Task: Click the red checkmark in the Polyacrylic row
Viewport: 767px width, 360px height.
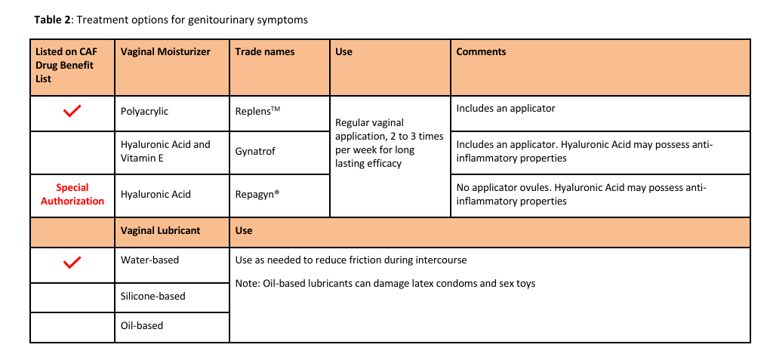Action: point(72,112)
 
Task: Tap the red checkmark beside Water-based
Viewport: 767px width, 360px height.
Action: point(72,263)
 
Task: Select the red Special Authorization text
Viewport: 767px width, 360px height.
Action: point(72,194)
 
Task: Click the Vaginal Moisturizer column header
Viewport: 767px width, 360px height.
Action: point(165,52)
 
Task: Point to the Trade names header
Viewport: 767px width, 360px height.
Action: point(265,52)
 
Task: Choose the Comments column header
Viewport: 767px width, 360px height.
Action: point(481,52)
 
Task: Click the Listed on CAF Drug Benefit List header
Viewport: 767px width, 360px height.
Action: point(66,65)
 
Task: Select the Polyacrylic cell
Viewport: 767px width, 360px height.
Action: point(145,111)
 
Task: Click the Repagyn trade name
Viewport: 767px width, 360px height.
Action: point(257,194)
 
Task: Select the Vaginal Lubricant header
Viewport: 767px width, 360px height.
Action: point(161,230)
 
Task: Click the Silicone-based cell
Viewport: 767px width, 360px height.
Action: point(153,296)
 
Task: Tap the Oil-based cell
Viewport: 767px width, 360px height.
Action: point(142,325)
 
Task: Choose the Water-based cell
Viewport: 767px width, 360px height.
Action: point(149,260)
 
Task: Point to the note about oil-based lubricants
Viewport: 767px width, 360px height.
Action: point(385,284)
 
